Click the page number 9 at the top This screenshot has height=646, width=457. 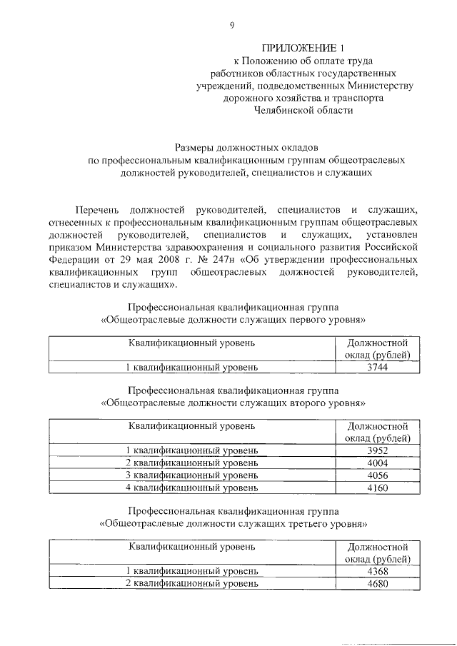click(x=232, y=26)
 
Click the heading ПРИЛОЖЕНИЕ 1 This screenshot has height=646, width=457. click(x=303, y=49)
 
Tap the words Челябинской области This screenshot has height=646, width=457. click(x=303, y=111)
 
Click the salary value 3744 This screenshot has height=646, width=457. click(x=376, y=367)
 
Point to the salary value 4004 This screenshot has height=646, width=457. click(x=376, y=463)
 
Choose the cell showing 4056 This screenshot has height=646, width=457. click(x=376, y=475)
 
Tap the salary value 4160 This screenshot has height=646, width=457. click(x=376, y=488)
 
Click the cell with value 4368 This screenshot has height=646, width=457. click(x=376, y=570)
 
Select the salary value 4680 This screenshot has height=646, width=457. click(x=376, y=583)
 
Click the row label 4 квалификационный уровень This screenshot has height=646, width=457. click(x=191, y=488)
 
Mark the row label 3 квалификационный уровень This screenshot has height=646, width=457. click(x=191, y=475)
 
